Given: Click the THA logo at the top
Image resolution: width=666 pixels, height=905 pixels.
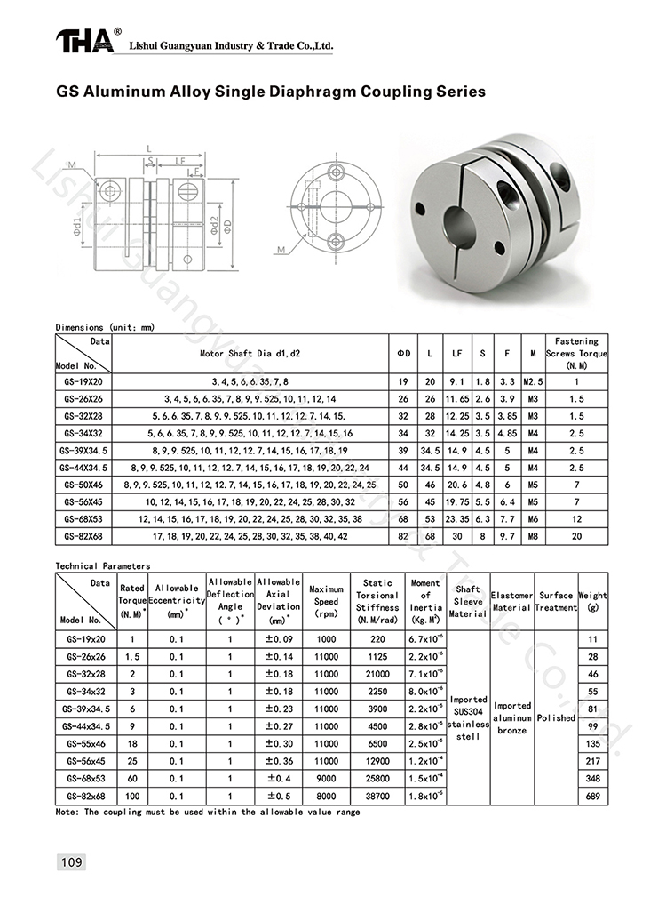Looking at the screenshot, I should [x=85, y=42].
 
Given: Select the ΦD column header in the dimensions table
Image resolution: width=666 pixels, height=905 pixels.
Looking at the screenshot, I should [x=404, y=353].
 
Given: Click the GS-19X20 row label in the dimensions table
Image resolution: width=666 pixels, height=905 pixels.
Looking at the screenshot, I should [x=84, y=381].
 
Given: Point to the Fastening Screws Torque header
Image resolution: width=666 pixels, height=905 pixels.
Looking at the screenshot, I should [x=576, y=353].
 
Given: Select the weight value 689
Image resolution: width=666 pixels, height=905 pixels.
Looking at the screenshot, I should [x=593, y=797].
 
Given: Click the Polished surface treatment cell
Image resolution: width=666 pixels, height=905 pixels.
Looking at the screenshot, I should [x=556, y=717].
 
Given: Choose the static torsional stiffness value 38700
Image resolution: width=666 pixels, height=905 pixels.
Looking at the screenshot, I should [x=378, y=797].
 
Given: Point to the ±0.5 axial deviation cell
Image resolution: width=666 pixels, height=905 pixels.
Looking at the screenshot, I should [x=278, y=797].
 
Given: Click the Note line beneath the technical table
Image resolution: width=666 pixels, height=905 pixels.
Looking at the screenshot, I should [x=208, y=813].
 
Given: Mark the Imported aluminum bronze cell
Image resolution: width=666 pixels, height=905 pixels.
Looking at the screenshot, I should [x=511, y=717].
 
